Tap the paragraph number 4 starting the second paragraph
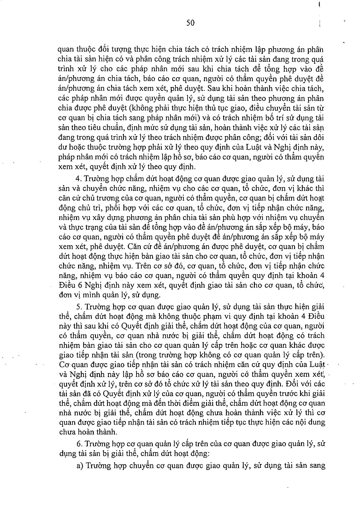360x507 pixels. point(78,179)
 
